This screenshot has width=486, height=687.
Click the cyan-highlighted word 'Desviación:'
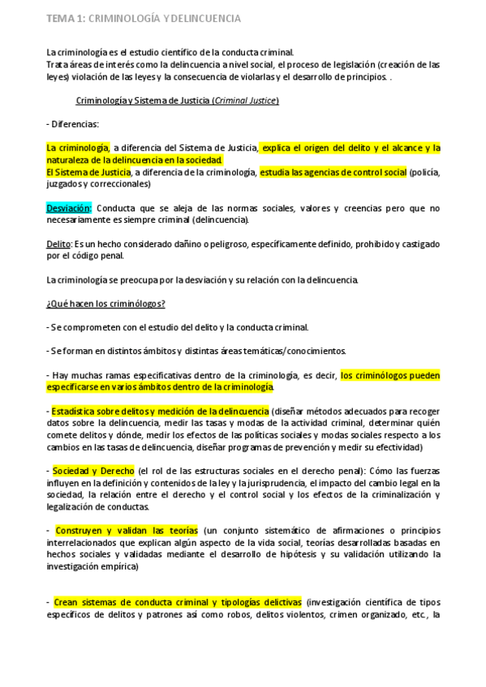pos(69,208)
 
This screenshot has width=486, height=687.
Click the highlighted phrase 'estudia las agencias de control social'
pos(333,172)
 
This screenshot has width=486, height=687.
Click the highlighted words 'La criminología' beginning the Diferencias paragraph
pos(77,148)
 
